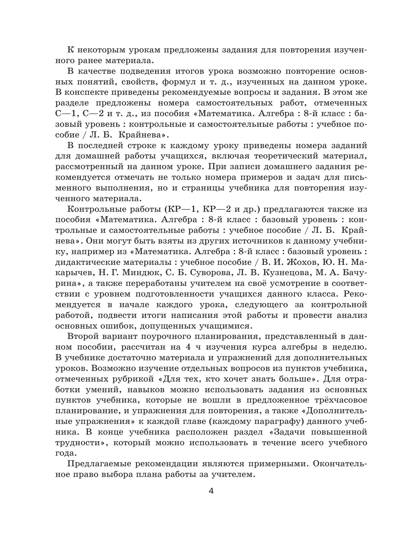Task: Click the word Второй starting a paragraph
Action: (x=83, y=337)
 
